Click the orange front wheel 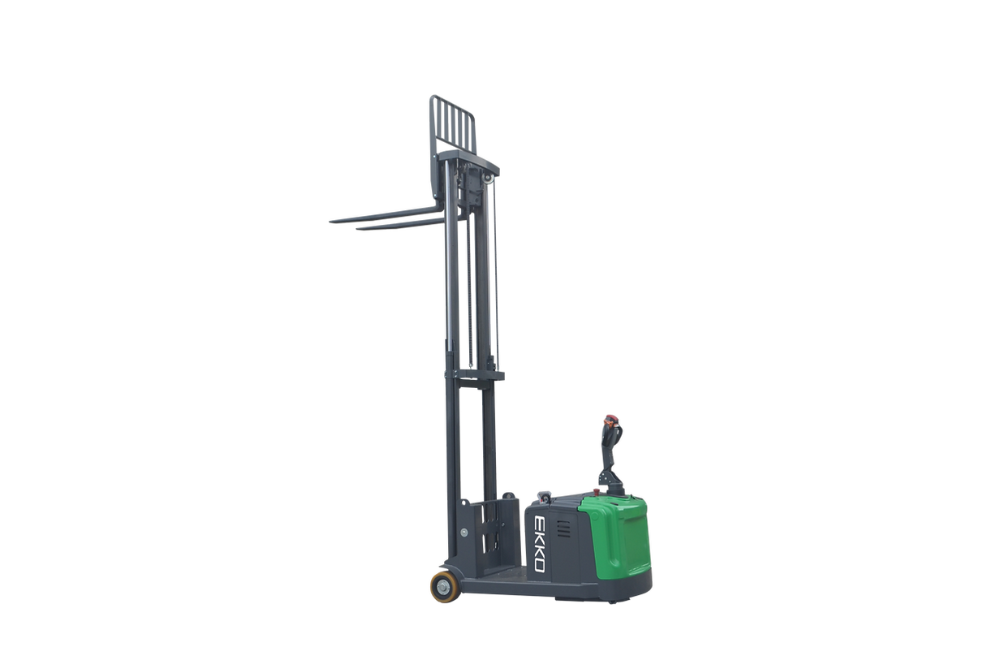(x=445, y=587)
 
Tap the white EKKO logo (x=539, y=543)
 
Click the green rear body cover (x=616, y=536)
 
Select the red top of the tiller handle (x=611, y=419)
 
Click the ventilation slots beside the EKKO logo (x=563, y=528)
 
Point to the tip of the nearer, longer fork (x=331, y=221)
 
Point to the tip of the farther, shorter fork (x=357, y=229)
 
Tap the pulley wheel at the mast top (x=488, y=178)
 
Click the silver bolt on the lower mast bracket (x=464, y=533)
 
